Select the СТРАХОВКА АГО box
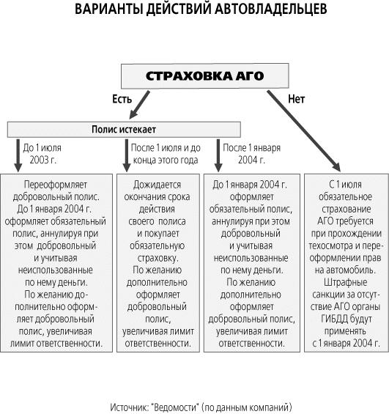click(205, 76)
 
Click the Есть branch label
click(122, 99)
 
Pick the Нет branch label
click(297, 99)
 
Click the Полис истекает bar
click(124, 130)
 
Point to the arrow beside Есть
click(140, 105)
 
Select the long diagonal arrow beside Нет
click(304, 131)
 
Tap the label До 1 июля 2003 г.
click(42, 154)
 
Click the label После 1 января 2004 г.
click(251, 154)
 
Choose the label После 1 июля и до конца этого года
click(166, 154)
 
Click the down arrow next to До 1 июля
click(18, 155)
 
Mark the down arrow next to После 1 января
click(218, 155)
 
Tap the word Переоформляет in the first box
click(56, 185)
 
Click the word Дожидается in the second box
click(157, 185)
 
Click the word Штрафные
click(346, 283)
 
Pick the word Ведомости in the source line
click(175, 407)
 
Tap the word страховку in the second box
click(158, 258)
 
